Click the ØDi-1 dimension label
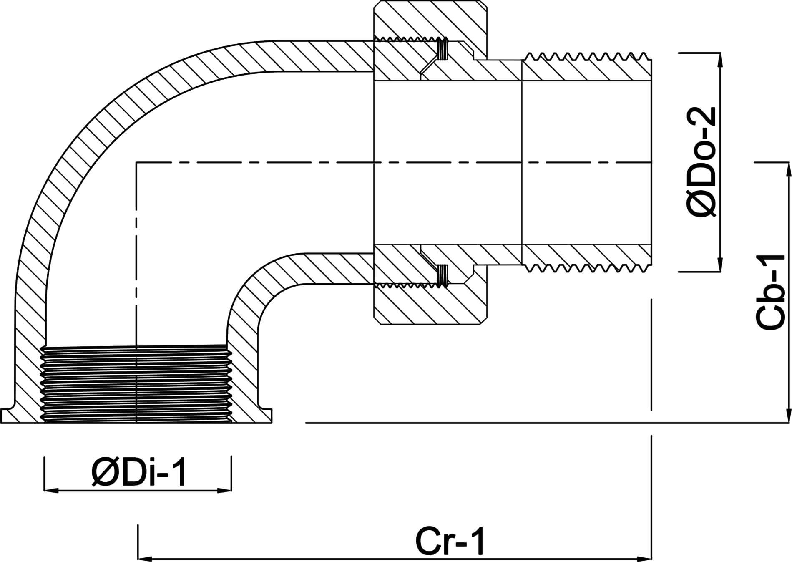(x=139, y=472)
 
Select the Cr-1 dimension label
(x=450, y=542)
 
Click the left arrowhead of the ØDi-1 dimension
(x=50, y=491)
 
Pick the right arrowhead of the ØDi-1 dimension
(x=226, y=491)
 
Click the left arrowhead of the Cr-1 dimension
(x=144, y=558)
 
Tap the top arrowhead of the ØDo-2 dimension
(x=719, y=58)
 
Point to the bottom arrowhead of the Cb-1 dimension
(x=788, y=417)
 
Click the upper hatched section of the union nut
(x=430, y=21)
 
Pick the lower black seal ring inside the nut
(x=443, y=275)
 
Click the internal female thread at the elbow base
(x=136, y=384)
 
